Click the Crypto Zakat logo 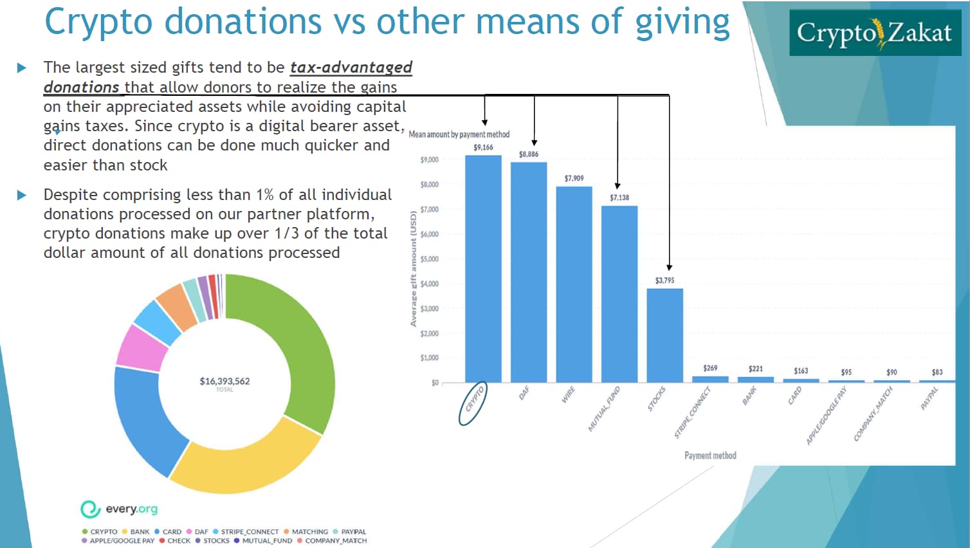pos(874,32)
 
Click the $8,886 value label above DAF pos(529,154)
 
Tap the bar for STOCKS pos(664,335)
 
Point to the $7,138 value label pos(619,197)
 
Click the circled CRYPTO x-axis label pos(473,403)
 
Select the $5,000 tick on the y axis pos(429,259)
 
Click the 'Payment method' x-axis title pos(710,455)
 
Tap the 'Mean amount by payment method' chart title pos(459,134)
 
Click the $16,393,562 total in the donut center pos(224,381)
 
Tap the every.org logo pos(119,509)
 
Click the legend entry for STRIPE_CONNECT pos(250,532)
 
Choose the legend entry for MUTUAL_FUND pos(266,541)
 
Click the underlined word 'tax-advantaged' pos(351,68)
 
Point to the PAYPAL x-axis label pos(929,398)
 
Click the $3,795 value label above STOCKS pos(664,280)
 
